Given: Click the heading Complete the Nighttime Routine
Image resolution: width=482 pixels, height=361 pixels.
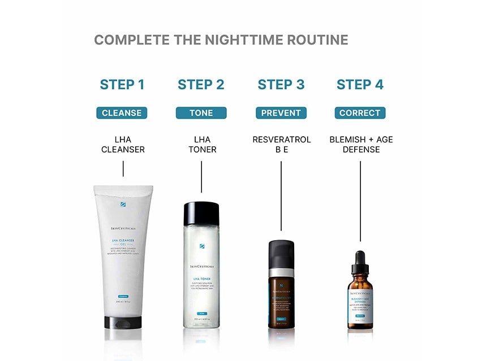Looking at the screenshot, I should tap(221, 40).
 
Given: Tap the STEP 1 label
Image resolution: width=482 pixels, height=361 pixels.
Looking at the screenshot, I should tap(122, 85).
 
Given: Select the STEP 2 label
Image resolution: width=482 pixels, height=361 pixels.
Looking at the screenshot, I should tap(201, 85).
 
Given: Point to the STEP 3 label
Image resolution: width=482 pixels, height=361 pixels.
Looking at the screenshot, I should tap(281, 85).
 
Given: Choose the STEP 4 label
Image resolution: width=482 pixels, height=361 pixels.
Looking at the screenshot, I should tap(360, 85).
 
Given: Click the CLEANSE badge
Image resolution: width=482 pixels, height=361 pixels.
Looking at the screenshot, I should tap(122, 113).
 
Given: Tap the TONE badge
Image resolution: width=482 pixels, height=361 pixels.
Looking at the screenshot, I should tap(201, 113).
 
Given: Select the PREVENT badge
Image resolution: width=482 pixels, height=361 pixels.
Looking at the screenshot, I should tap(281, 113).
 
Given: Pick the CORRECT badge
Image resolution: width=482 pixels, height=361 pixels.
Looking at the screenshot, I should tap(360, 113).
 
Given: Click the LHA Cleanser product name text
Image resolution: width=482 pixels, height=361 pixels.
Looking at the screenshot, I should tap(122, 145).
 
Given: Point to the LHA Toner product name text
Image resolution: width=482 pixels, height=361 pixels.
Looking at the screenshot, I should tap(201, 145).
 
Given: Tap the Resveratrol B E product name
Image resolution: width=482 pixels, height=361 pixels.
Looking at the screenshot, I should tap(281, 145).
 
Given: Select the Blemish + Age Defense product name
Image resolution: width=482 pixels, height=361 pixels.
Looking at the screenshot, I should tap(360, 145).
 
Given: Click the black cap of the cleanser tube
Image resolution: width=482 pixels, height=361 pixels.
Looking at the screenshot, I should tap(123, 323).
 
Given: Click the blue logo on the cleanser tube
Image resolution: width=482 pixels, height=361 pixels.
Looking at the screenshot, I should tap(123, 205).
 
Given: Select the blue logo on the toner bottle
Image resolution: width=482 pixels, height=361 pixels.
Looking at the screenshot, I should tap(201, 246).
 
